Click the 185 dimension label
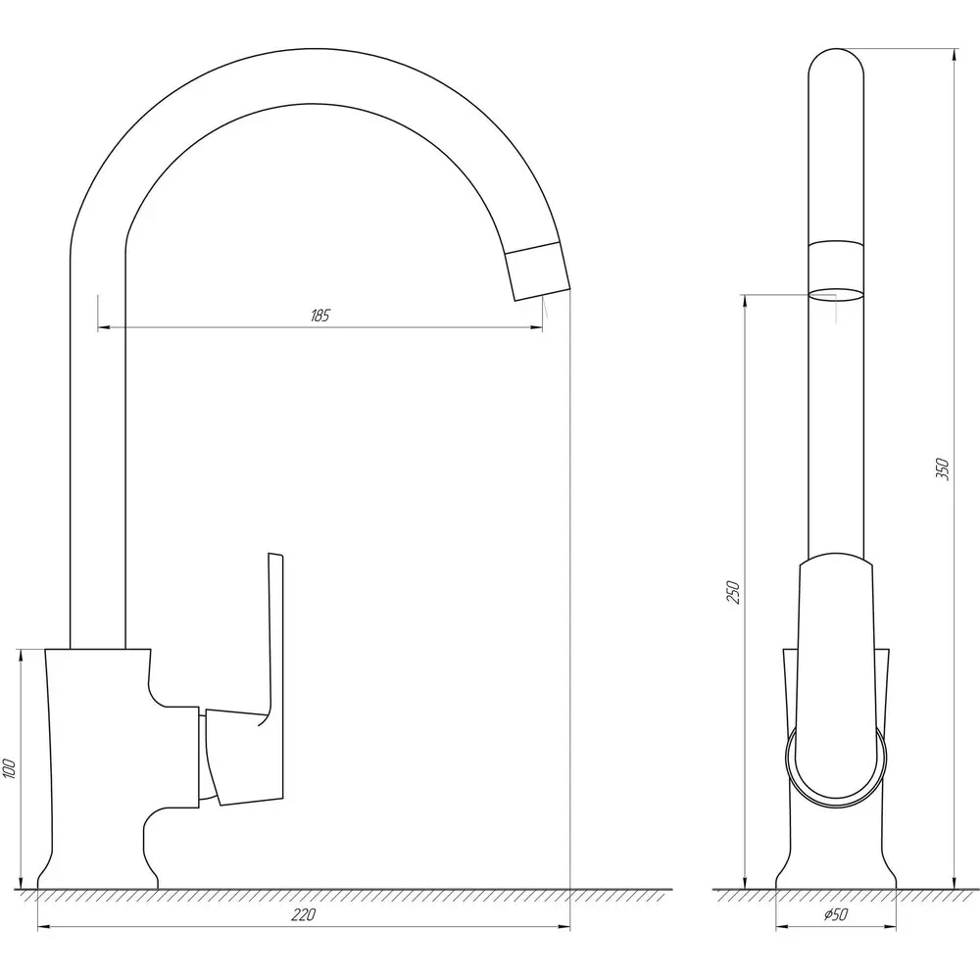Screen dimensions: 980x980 click(319, 316)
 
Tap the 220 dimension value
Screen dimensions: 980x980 click(303, 915)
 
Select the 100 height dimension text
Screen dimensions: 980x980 click(10, 768)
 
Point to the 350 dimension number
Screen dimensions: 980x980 click(943, 468)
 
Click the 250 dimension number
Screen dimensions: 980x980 click(733, 593)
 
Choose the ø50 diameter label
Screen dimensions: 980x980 click(836, 914)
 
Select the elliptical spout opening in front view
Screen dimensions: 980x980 click(836, 295)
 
